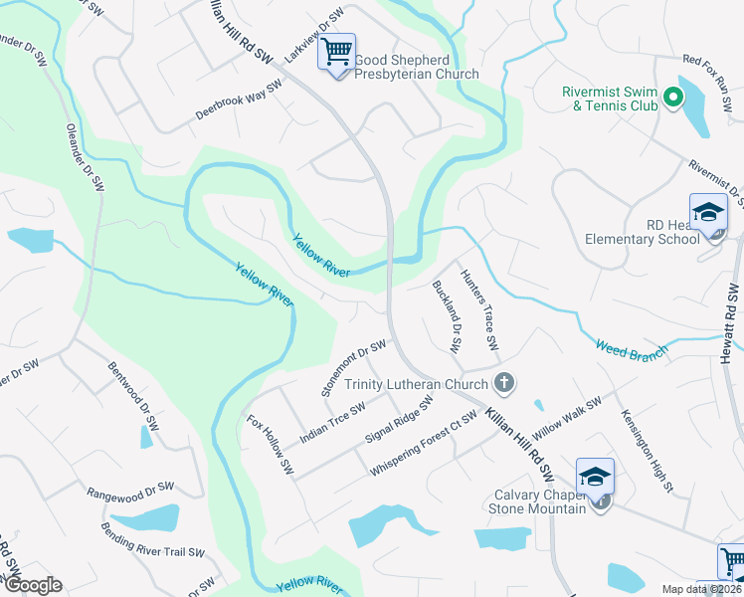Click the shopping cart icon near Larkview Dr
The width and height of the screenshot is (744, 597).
[337, 50]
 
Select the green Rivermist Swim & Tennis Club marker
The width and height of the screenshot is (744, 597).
[671, 97]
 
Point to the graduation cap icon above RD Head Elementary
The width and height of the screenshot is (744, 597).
[709, 212]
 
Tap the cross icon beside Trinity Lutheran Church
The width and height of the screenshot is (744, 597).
[504, 383]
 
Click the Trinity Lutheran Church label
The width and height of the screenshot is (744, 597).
[416, 384]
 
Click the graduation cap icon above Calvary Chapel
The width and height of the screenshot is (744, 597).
[595, 477]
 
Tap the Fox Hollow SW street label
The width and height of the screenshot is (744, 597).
[271, 444]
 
